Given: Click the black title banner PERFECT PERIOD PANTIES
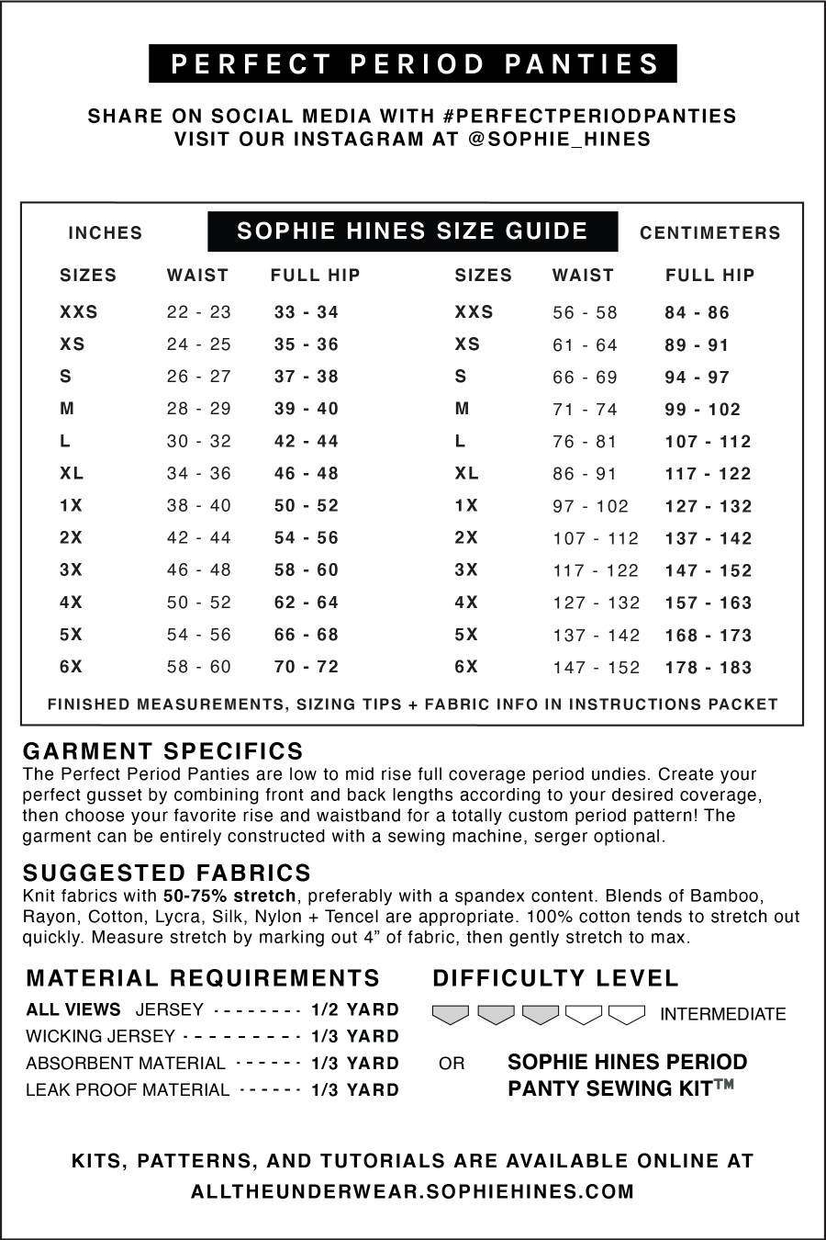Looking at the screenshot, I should click(x=413, y=64).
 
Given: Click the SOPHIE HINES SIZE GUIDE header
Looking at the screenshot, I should click(x=412, y=231).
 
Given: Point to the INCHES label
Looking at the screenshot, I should click(x=106, y=233).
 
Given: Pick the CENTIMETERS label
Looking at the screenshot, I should click(x=709, y=233).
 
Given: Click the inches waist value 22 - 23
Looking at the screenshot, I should click(x=199, y=312).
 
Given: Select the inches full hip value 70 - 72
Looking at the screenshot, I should click(x=307, y=667).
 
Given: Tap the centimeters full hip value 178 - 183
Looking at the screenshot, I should click(x=708, y=668).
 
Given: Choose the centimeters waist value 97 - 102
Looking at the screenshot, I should click(x=590, y=506).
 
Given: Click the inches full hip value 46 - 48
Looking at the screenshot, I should click(x=307, y=474).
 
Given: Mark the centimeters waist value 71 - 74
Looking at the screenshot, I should click(x=585, y=410).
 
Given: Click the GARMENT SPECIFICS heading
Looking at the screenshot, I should click(x=163, y=752).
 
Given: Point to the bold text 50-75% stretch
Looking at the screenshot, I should click(x=229, y=896).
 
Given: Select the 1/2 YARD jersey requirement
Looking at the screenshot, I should click(x=354, y=1010).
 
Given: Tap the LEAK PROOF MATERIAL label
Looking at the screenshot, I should click(x=128, y=1090).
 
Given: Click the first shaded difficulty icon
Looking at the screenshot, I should click(x=451, y=1015).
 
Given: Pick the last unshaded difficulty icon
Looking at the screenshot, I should click(x=627, y=1015).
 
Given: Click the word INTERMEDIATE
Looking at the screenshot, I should click(x=722, y=1015).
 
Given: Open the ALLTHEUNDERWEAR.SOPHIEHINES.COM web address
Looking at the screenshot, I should click(x=413, y=1192).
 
